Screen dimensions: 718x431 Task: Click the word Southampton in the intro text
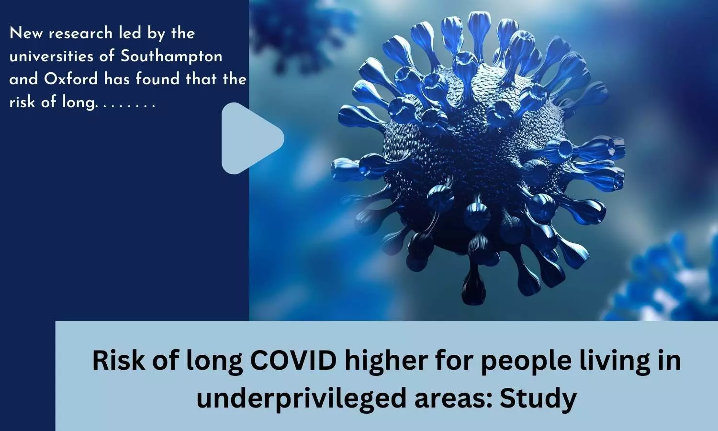[171, 57]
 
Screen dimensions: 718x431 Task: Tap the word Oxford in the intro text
[71, 79]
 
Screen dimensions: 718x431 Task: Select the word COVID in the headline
[293, 361]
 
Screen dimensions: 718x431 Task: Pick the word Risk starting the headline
[119, 361]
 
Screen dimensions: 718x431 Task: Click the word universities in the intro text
[51, 57]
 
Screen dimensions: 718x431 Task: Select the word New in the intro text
[26, 34]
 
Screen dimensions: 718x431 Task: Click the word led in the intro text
[130, 34]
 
